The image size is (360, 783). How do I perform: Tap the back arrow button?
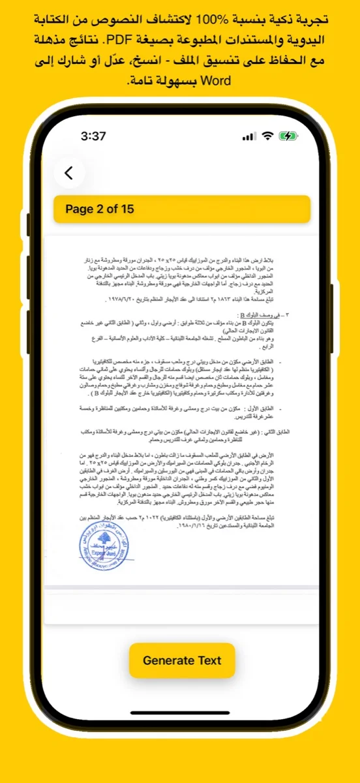coord(69,173)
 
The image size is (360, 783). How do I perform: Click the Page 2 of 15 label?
coord(100,209)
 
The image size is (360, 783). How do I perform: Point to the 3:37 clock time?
coord(93,136)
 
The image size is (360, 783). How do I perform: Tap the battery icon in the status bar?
coord(288,136)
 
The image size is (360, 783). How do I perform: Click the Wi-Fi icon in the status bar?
coord(267,136)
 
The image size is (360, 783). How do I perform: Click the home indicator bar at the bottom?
coord(180,713)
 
